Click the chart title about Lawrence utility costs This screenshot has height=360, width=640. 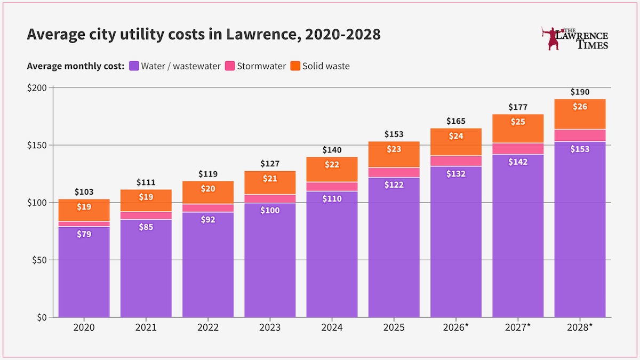tap(203, 35)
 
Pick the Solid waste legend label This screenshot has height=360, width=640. tap(326, 66)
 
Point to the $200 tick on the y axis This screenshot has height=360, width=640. tap(37, 87)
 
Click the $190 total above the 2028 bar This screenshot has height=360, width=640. tap(580, 92)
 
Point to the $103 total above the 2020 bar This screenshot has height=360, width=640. tap(84, 192)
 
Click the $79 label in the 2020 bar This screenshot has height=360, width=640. tap(84, 234)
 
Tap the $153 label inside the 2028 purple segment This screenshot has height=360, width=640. tap(580, 149)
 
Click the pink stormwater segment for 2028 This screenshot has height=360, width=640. tap(580, 135)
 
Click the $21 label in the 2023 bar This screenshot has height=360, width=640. tap(270, 179)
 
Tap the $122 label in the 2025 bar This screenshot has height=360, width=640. tap(394, 185)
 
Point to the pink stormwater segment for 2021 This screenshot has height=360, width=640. tap(146, 215)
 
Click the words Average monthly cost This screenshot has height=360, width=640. tap(75, 66)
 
